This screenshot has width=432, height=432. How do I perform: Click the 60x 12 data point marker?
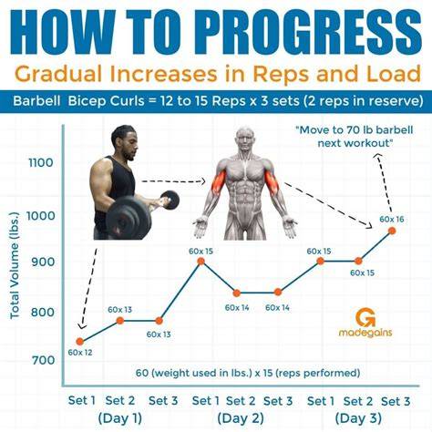coord(80,342)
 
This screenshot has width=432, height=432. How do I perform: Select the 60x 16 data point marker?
coord(392,231)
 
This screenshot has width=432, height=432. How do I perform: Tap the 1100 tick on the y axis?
coord(41,163)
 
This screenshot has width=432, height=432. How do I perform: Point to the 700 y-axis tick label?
coord(44,361)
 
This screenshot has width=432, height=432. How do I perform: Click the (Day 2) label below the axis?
coord(241,418)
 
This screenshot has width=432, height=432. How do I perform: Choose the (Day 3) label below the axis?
coord(358,418)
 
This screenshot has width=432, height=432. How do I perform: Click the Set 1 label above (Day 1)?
coord(82,400)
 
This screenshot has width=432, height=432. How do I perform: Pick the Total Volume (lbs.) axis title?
coord(15,265)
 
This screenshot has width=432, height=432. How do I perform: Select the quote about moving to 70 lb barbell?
coord(355,136)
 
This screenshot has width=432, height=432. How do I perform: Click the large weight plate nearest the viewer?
coord(129,218)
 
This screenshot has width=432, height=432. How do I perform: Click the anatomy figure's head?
coord(245,140)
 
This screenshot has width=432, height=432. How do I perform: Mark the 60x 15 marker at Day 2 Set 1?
coord(201,262)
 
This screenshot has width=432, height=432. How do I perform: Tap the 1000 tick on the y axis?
coord(41,216)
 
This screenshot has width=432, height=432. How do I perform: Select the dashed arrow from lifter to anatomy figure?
coord(173,181)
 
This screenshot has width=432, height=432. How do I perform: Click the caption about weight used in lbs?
coord(248,373)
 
